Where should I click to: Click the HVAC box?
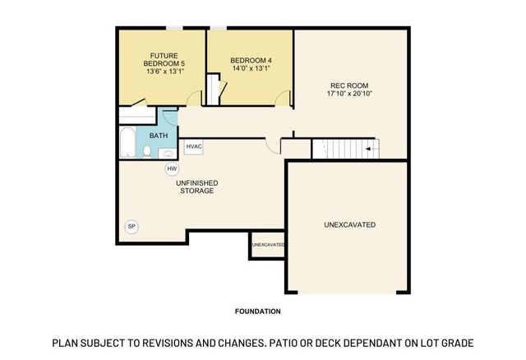(194, 147)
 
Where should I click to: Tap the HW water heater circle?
(172, 168)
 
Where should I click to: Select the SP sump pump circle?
(131, 226)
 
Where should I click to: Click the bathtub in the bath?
(127, 144)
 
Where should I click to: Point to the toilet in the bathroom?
(147, 151)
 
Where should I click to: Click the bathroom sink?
(167, 153)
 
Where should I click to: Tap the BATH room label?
(159, 135)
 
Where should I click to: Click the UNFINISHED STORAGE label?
(196, 186)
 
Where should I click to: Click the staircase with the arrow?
(345, 149)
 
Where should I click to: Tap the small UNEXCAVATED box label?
(268, 245)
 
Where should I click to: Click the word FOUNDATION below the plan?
(258, 312)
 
